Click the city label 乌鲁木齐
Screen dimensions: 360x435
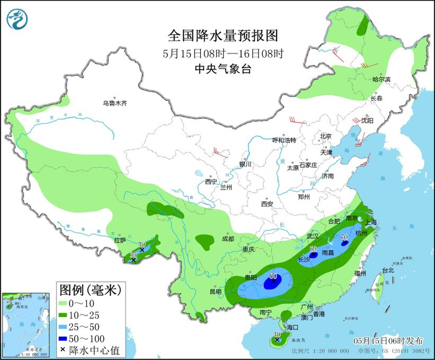pyautogui.click(x=115, y=103)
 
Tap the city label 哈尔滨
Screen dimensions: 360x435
pyautogui.click(x=381, y=80)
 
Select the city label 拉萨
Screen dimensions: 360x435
pyautogui.click(x=120, y=240)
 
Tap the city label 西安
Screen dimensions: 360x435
pyautogui.click(x=267, y=203)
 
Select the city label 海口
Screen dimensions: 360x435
pyautogui.click(x=292, y=327)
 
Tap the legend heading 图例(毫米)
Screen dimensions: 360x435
pyautogui.click(x=90, y=290)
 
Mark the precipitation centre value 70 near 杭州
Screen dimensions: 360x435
pyautogui.click(x=344, y=236)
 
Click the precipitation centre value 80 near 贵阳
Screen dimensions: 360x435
pyautogui.click(x=272, y=275)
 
